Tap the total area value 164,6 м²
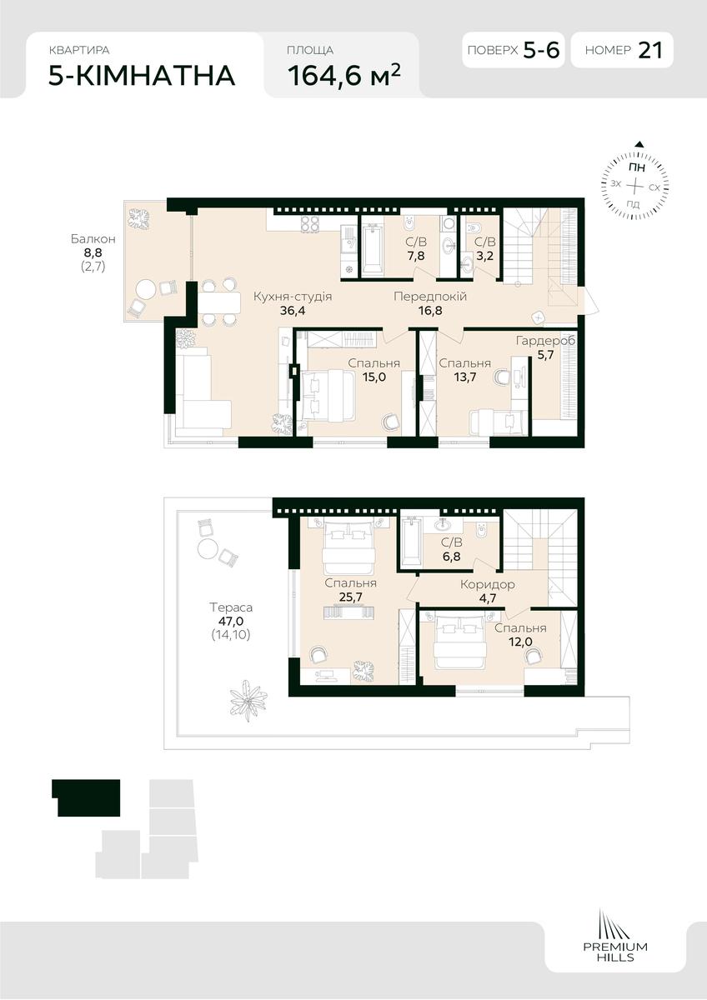tap(343, 74)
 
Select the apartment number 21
tap(649, 50)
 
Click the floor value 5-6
tap(541, 50)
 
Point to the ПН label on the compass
tap(636, 168)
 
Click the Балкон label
tap(93, 239)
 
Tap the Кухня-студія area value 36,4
tap(293, 311)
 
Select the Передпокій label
tap(430, 297)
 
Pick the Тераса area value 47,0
tap(231, 621)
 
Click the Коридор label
tap(487, 584)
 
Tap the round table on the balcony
tap(146, 290)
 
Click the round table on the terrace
tap(208, 548)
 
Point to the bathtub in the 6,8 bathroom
tap(411, 542)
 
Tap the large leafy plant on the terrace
tap(248, 702)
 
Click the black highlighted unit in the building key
tap(86, 797)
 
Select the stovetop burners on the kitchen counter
tap(310, 224)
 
